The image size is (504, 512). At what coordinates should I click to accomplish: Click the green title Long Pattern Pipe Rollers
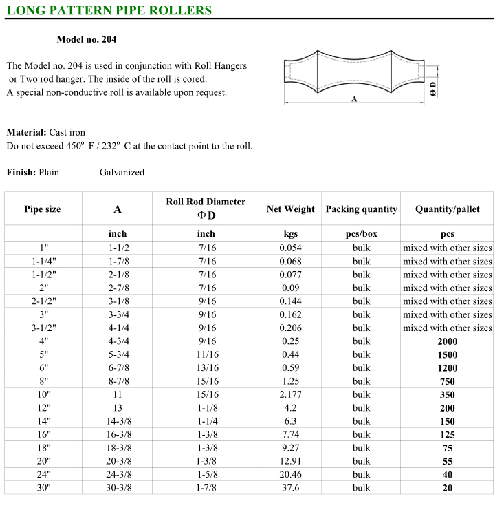coord(109,10)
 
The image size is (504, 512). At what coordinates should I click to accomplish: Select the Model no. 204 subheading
coord(86,40)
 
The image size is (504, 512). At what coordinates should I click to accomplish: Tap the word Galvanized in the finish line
coord(122,172)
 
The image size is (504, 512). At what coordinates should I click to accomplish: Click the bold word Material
coord(25,132)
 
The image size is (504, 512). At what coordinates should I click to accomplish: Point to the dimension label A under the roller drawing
coord(353,99)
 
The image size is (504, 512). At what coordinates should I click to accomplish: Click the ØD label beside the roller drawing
coord(432,87)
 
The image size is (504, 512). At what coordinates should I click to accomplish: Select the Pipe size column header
coord(43,209)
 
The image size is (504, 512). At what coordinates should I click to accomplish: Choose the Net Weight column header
coord(290,209)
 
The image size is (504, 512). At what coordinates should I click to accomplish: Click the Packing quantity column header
coord(361,209)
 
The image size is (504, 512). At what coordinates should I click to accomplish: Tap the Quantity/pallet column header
coord(447,209)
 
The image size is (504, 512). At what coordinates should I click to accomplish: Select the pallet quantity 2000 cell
coord(447,341)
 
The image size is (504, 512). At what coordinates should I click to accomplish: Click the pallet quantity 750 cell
coord(447,381)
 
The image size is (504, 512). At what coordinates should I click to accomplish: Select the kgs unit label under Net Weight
coord(290,234)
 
